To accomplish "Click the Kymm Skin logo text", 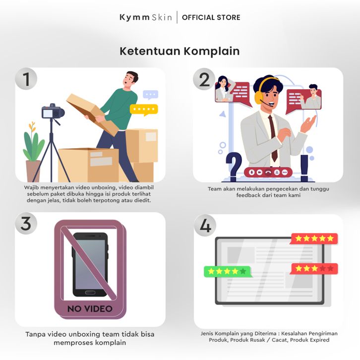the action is [146, 17].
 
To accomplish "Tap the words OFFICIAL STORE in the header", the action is [211, 17].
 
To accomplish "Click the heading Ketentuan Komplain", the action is [180, 51].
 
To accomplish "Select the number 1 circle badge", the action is [26, 79].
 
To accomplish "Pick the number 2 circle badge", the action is [204, 79].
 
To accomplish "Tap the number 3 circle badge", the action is [26, 223].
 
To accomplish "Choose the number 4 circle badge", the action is [205, 225].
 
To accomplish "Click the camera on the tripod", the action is [53, 111].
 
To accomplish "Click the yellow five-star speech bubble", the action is [144, 110].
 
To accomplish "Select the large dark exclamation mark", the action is [304, 168].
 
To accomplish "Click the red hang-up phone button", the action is [268, 172].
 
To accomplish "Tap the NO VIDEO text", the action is [90, 309].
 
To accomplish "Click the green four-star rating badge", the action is [227, 272].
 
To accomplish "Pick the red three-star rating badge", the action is [314, 269].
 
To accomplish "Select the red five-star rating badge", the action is [314, 239].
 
